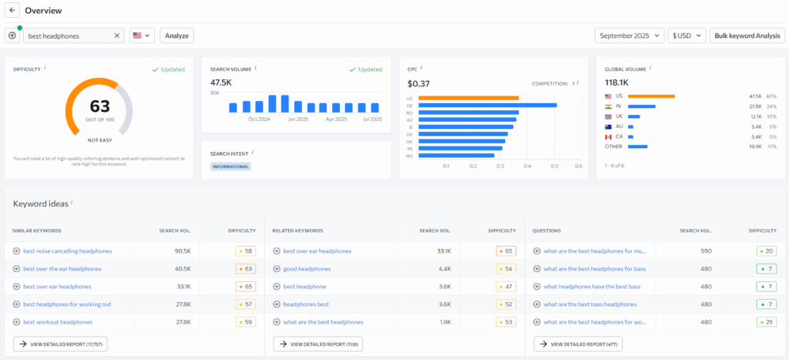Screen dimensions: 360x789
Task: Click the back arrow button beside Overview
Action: click(x=13, y=11)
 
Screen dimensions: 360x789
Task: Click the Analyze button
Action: click(x=176, y=35)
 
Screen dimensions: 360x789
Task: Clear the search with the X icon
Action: click(x=117, y=35)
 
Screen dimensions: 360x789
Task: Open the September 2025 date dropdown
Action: click(x=629, y=35)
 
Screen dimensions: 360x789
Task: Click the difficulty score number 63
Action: click(x=99, y=106)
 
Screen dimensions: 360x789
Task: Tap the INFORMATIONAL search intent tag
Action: click(x=230, y=166)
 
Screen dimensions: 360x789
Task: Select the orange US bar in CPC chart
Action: click(x=468, y=98)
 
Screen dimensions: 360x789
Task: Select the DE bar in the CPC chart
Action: click(x=488, y=105)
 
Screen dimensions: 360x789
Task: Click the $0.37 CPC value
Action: click(x=418, y=83)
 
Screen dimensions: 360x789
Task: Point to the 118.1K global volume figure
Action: click(x=616, y=82)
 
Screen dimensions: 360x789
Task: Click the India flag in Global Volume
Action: click(x=609, y=106)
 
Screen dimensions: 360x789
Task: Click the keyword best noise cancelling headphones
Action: click(x=67, y=251)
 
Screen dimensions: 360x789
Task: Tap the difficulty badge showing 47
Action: click(x=505, y=286)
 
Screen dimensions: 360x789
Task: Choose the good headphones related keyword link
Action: click(x=307, y=268)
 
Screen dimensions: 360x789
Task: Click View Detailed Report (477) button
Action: click(x=577, y=344)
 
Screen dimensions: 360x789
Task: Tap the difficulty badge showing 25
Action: click(x=766, y=321)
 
